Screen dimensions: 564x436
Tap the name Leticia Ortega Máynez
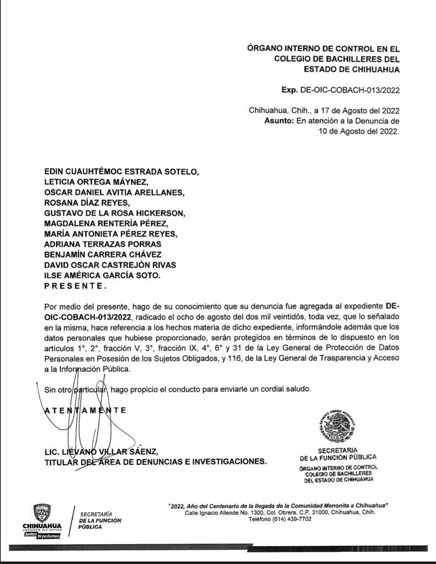click(97, 182)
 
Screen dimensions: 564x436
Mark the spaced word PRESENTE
click(74, 286)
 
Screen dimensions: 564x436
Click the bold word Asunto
click(279, 121)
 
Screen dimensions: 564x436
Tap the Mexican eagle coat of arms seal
click(339, 426)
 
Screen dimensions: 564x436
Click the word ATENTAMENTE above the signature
click(85, 410)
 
